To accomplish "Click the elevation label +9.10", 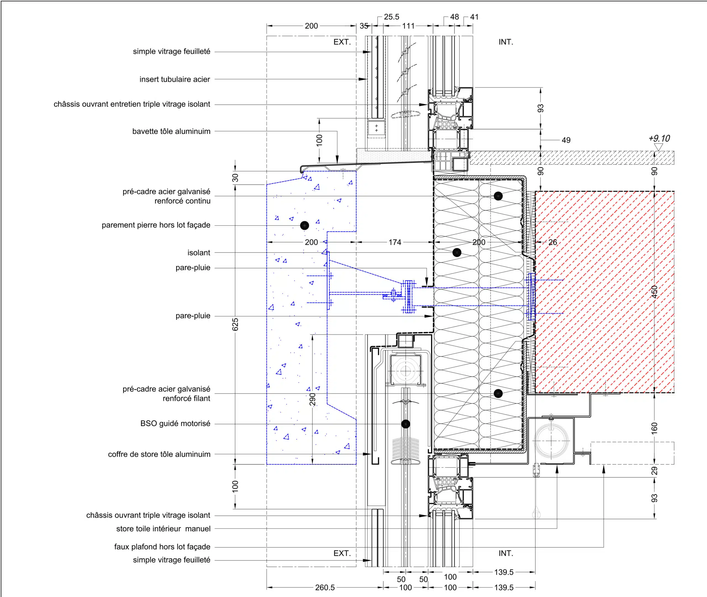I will click(659, 139).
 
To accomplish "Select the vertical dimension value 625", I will click(235, 324).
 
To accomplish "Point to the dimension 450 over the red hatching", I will click(654, 292).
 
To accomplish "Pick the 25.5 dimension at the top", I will click(391, 17).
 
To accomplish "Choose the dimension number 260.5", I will click(325, 588).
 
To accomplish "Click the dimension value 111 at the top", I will click(408, 26).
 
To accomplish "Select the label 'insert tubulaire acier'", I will click(175, 79).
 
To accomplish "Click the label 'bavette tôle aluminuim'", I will click(171, 131).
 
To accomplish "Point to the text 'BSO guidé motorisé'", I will click(175, 423).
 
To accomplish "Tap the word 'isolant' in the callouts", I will click(199, 253).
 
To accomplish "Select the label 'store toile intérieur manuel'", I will click(163, 529).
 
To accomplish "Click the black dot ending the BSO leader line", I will click(406, 424).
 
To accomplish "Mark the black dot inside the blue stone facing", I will click(304, 225).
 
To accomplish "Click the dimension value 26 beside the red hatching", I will click(553, 242).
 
